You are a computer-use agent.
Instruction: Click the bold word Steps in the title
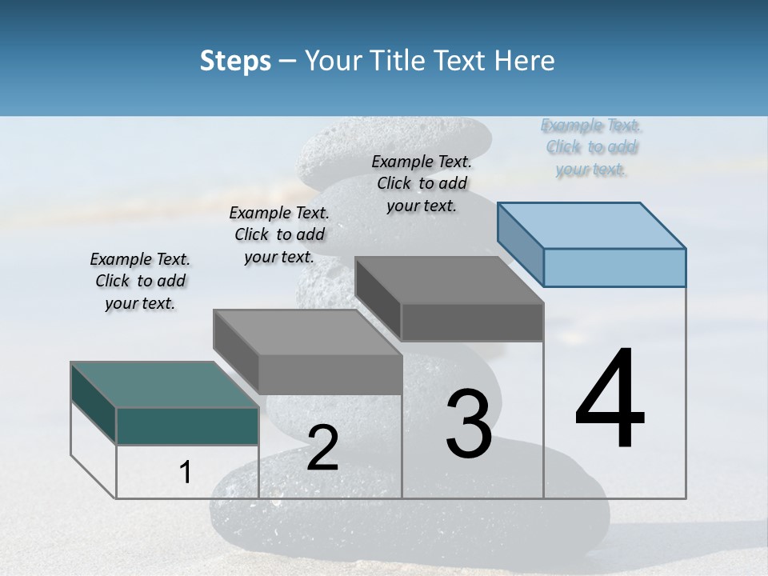click(235, 61)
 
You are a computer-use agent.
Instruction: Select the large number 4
click(610, 400)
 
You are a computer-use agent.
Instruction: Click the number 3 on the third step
click(469, 424)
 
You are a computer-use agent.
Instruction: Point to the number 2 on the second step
click(322, 448)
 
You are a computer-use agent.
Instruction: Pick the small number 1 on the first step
click(185, 473)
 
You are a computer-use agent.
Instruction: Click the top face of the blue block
click(592, 225)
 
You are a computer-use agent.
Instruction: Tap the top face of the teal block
click(165, 385)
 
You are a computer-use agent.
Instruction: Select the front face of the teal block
click(187, 426)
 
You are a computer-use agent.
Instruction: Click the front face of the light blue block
click(614, 267)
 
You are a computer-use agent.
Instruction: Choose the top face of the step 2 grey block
click(307, 332)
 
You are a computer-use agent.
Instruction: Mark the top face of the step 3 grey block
click(450, 280)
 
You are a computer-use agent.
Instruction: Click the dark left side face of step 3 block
click(378, 299)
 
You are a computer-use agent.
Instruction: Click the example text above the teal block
click(140, 281)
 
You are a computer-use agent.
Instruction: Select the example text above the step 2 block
click(279, 234)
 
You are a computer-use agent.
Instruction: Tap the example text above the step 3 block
click(422, 183)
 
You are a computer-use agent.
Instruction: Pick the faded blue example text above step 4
click(591, 147)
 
